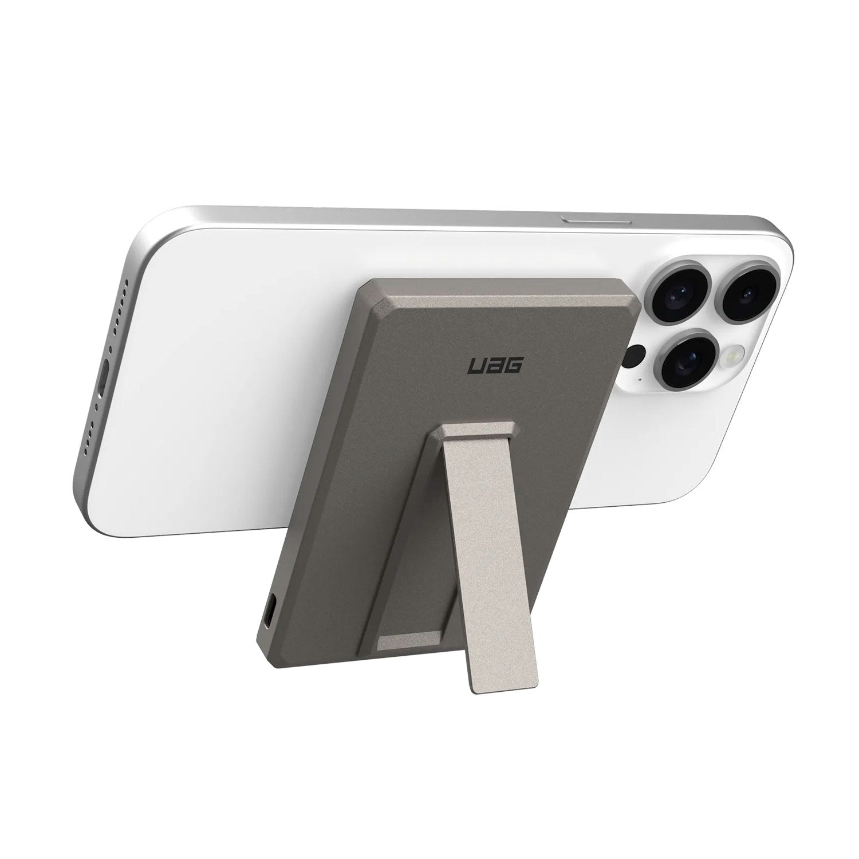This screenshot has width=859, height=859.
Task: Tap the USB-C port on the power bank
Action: pos(271,617)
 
